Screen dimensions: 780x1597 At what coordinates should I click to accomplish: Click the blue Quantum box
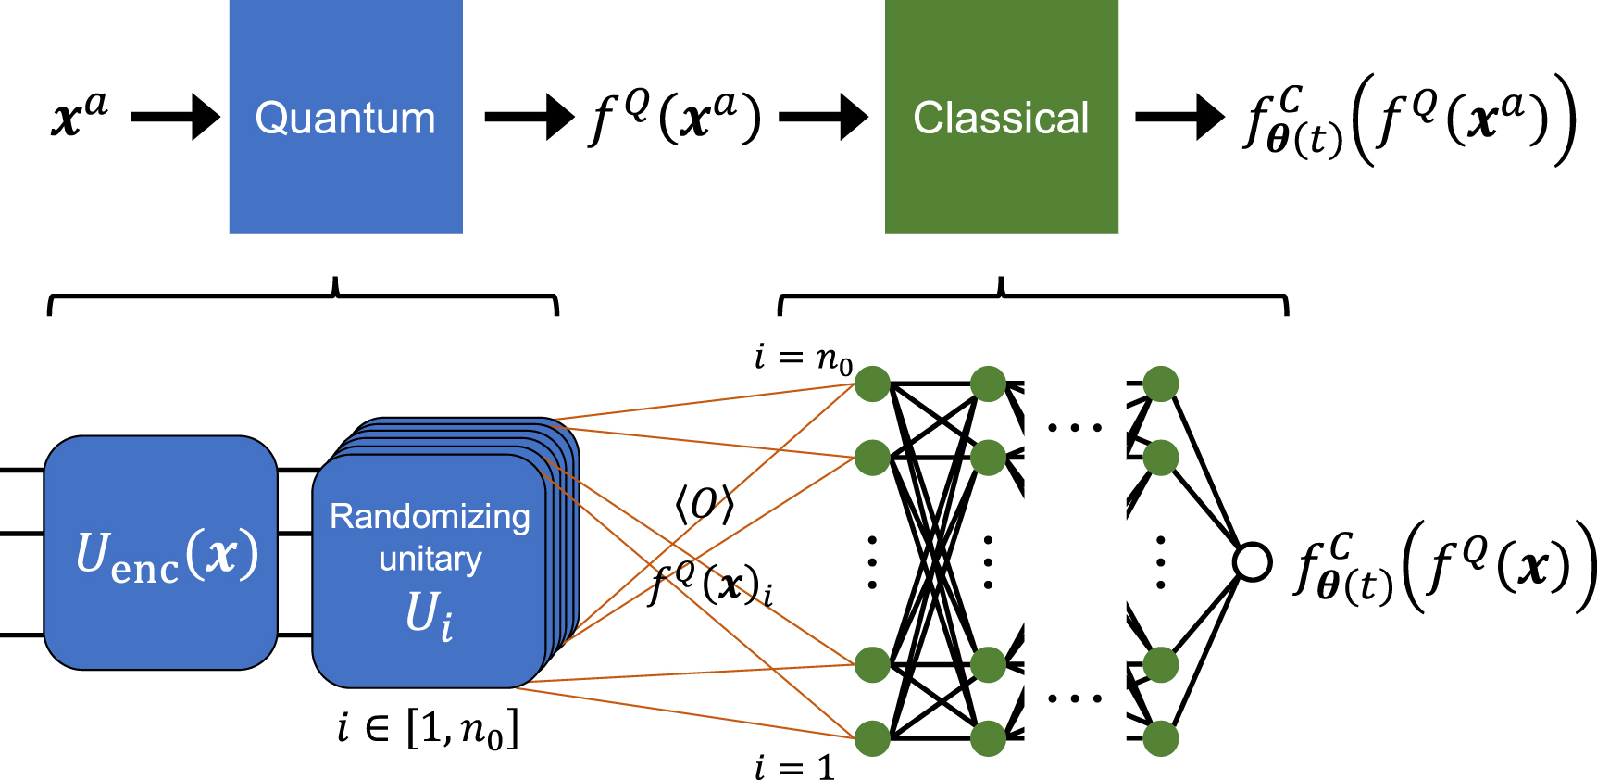(x=345, y=117)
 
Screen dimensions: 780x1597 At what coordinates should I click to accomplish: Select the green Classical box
(x=1001, y=117)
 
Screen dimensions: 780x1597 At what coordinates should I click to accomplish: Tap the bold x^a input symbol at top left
(x=79, y=115)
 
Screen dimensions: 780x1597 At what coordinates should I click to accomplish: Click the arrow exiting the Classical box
(x=1179, y=117)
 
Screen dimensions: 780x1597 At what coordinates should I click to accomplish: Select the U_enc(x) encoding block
(x=162, y=553)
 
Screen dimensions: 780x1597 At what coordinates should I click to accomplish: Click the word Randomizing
(x=430, y=516)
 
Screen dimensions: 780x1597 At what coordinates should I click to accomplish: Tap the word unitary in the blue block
(x=430, y=559)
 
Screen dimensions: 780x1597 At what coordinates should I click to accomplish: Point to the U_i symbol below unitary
(x=430, y=613)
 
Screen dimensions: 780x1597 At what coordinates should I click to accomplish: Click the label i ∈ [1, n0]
(x=428, y=729)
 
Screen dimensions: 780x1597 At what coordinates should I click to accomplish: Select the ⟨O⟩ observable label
(x=704, y=504)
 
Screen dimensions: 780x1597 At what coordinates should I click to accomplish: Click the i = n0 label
(x=802, y=358)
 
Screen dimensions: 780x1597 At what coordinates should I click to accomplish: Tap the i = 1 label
(x=794, y=767)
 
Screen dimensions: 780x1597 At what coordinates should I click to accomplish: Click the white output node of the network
(x=1253, y=561)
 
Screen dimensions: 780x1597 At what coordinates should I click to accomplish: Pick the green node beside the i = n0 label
(x=872, y=384)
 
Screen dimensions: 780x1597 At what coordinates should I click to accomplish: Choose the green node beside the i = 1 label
(x=872, y=738)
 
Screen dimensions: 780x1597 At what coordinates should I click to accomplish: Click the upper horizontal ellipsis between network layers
(x=1075, y=428)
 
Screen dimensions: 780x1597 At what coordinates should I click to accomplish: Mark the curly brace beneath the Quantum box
(x=304, y=297)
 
